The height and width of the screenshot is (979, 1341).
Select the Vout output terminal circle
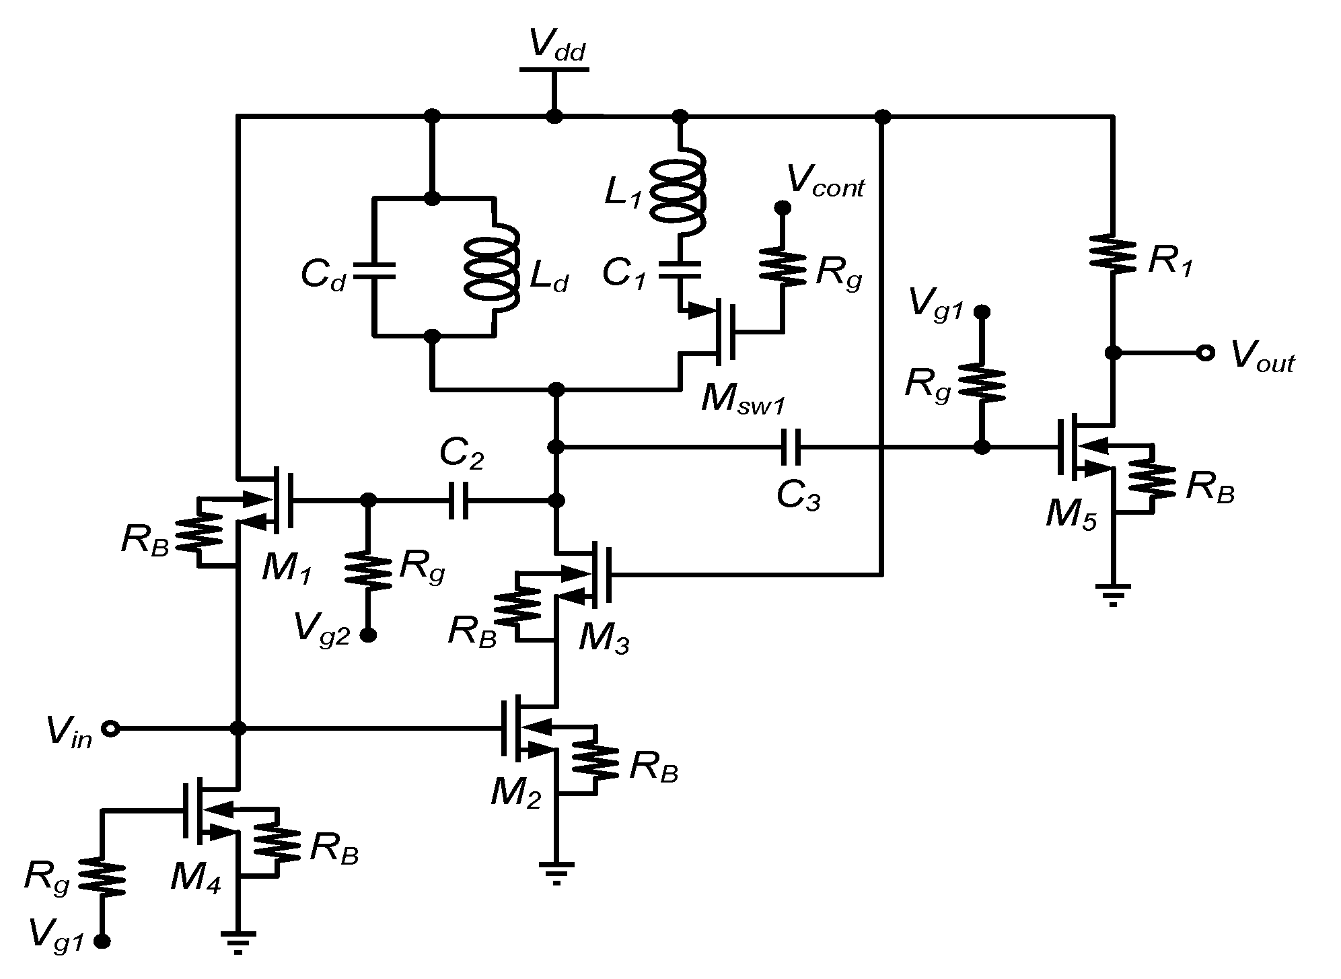[x=1204, y=353]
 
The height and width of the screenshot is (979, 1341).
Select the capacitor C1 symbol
[x=680, y=270]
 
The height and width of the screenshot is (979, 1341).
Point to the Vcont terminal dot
[x=782, y=208]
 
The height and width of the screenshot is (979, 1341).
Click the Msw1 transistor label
[x=741, y=398]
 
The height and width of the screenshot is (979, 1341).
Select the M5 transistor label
[x=1071, y=515]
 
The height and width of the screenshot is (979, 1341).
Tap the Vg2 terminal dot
[x=368, y=634]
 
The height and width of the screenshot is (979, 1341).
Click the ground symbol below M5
[x=1113, y=593]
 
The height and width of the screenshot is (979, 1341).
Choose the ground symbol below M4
[x=238, y=941]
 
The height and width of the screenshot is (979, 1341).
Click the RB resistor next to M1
[x=198, y=532]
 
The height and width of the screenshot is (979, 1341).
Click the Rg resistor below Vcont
[x=782, y=266]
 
